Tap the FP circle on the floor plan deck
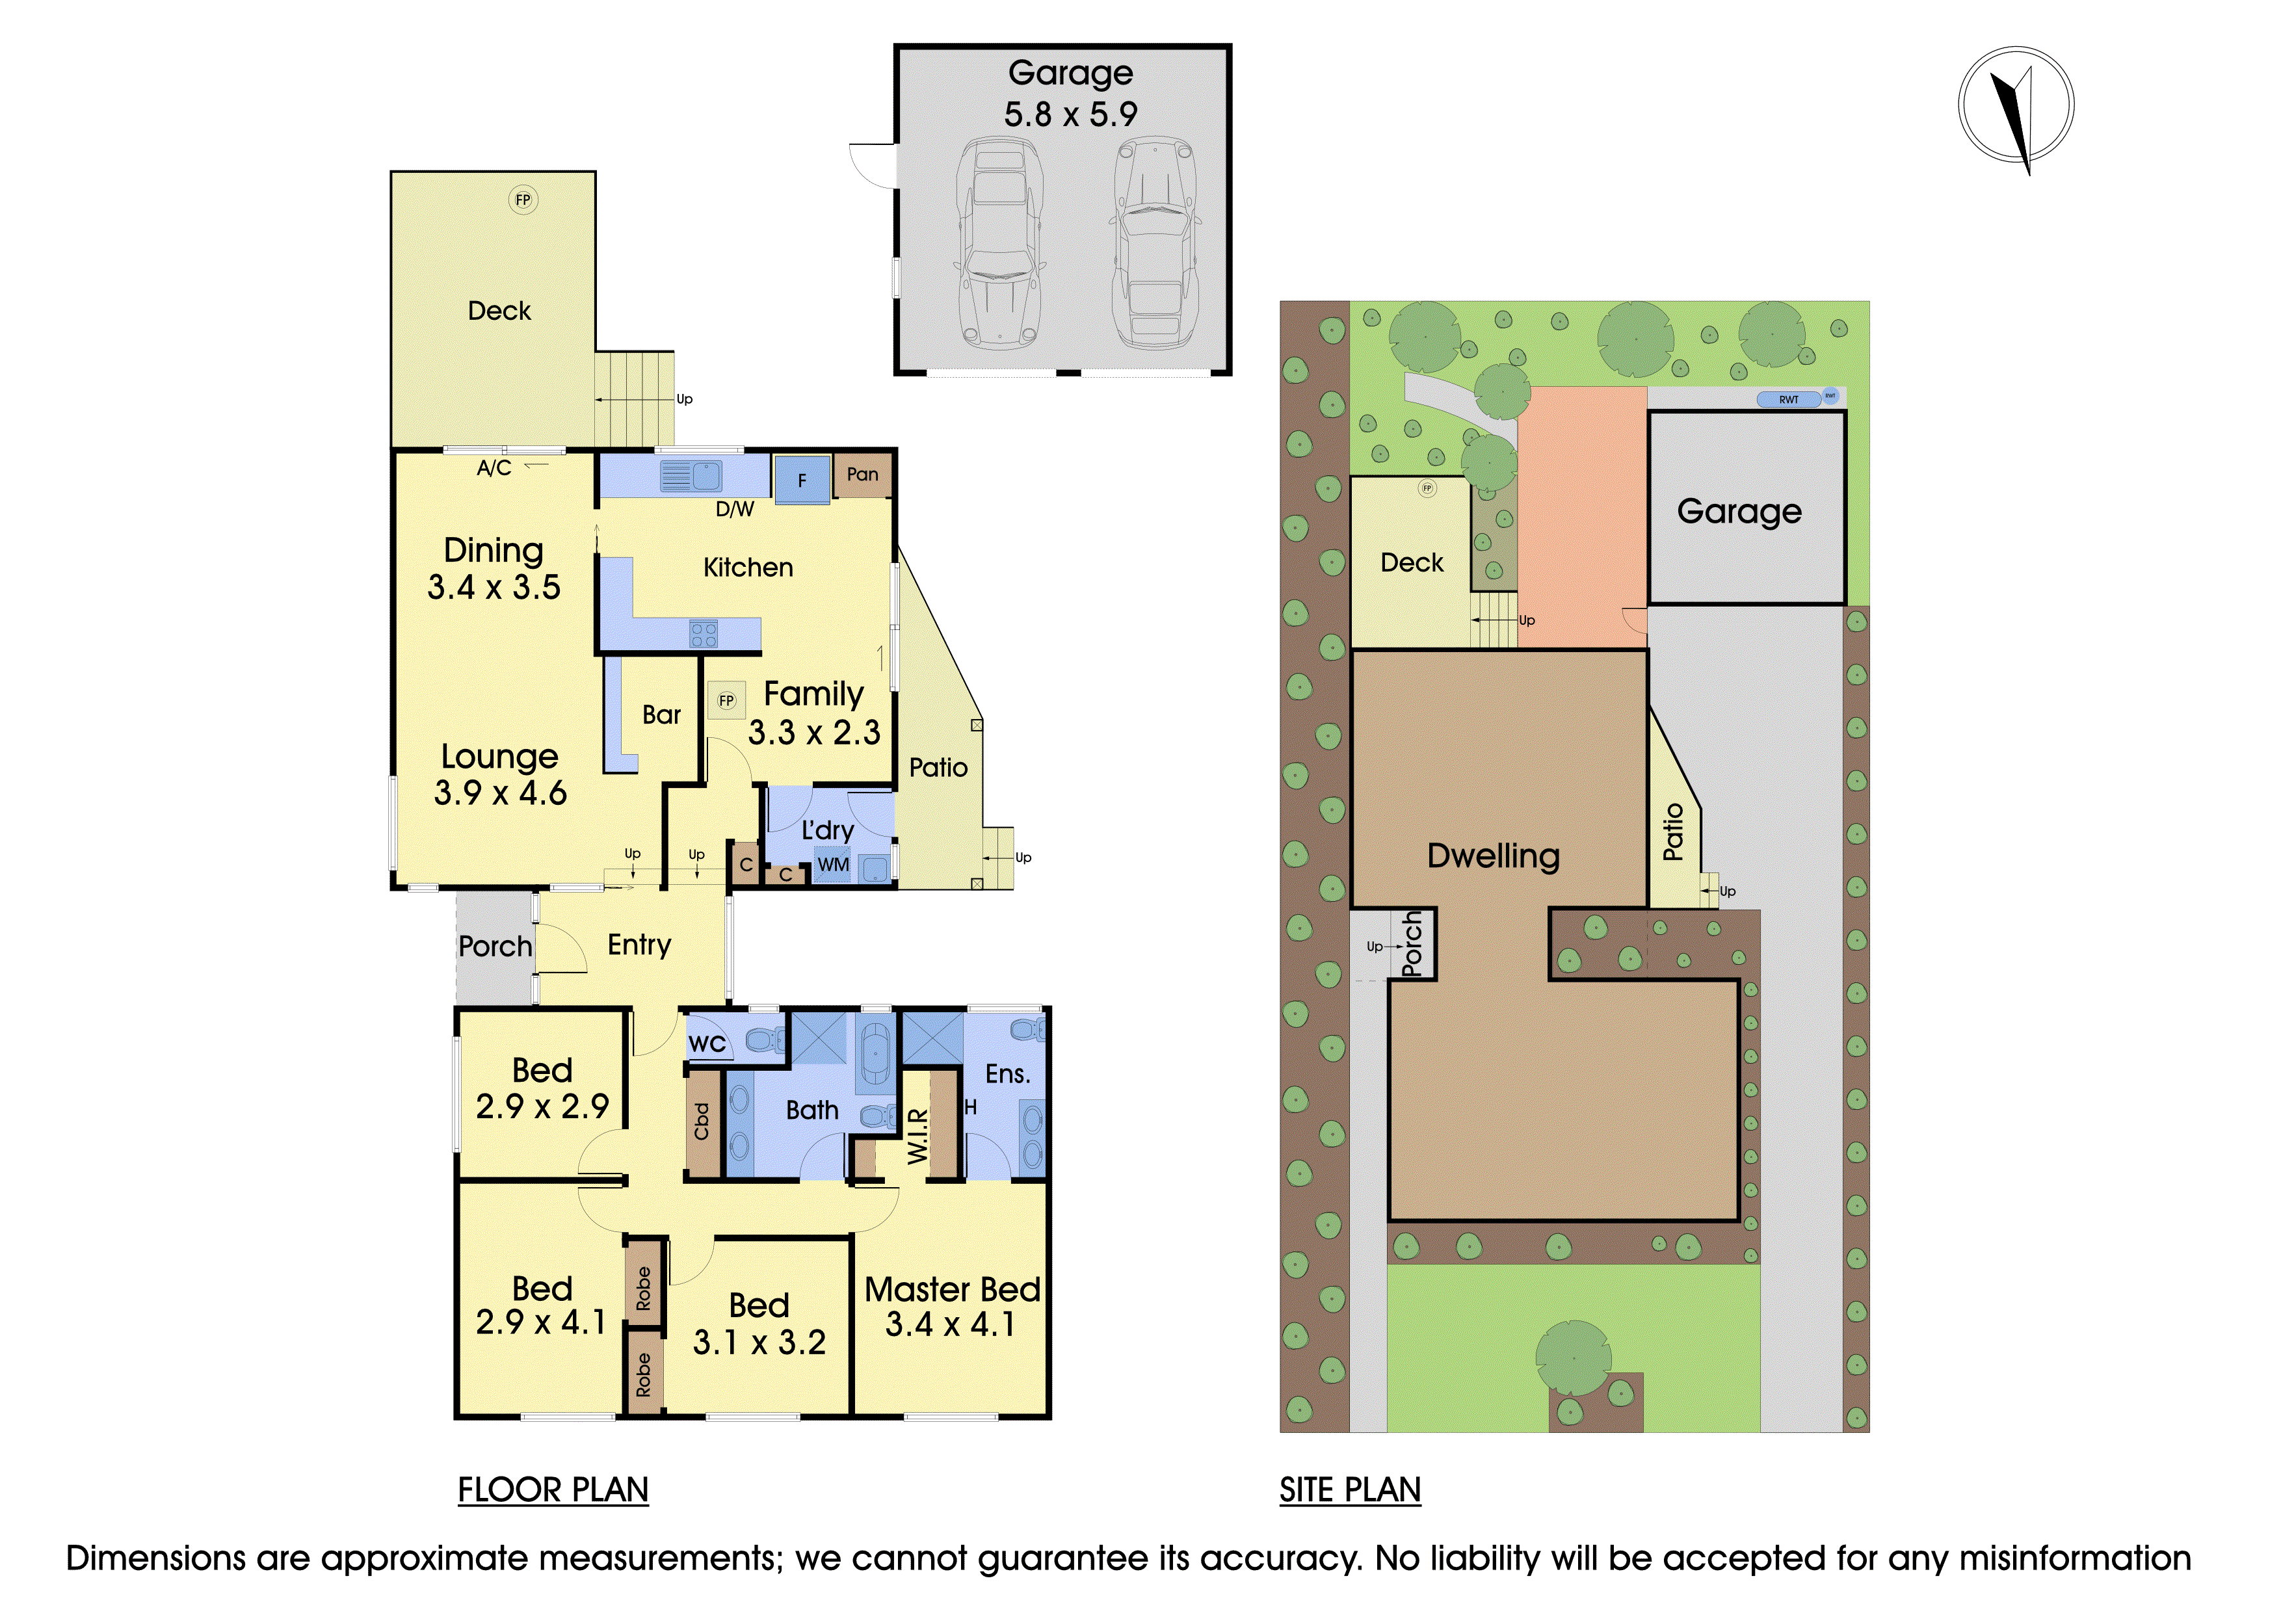click(x=523, y=200)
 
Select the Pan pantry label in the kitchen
click(x=862, y=475)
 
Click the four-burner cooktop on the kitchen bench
click(x=704, y=634)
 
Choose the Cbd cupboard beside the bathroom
click(x=702, y=1121)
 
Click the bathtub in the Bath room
click(x=875, y=1053)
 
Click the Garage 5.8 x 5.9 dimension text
click(x=1070, y=114)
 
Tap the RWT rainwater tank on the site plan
click(x=1789, y=399)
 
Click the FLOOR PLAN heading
click(x=553, y=1490)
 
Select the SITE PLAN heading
click(x=1350, y=1490)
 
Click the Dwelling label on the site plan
click(x=1493, y=856)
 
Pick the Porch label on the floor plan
click(x=495, y=947)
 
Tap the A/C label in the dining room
click(x=494, y=468)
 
